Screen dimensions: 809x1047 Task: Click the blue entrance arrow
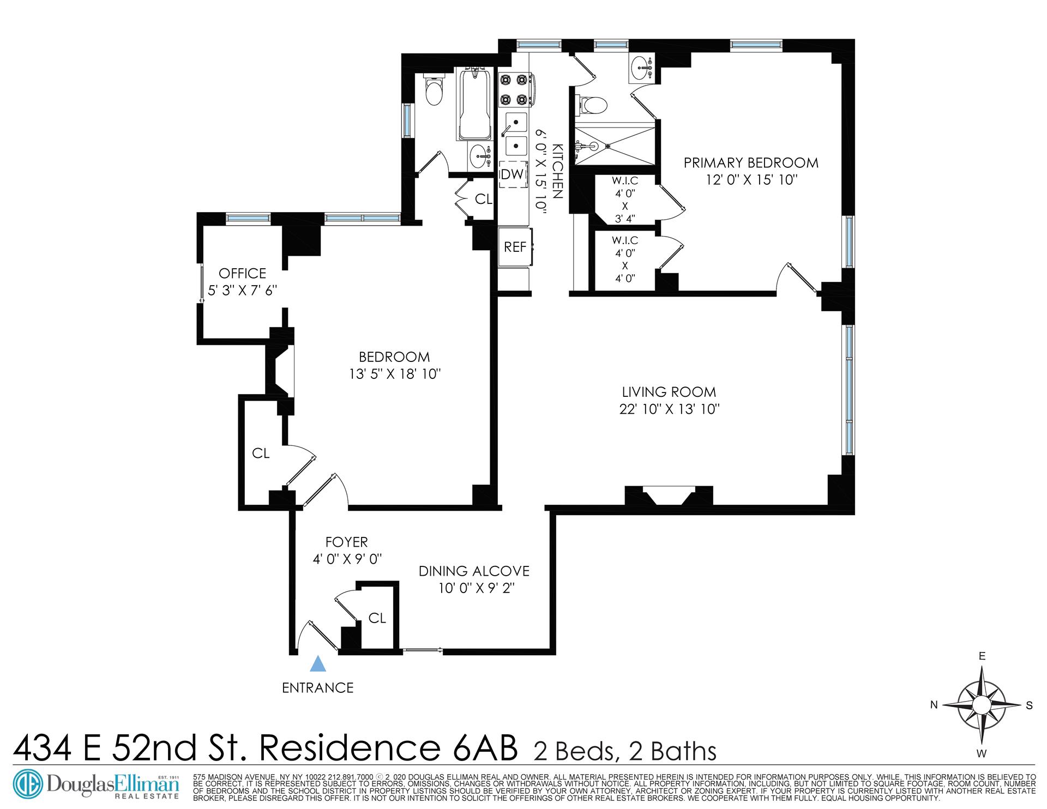point(317,663)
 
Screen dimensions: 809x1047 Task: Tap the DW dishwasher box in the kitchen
point(513,174)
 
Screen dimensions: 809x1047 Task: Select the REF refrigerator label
point(515,247)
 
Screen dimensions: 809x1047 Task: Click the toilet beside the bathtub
point(435,93)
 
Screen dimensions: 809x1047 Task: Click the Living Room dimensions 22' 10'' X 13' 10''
point(669,409)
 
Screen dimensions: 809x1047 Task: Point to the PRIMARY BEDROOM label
point(751,162)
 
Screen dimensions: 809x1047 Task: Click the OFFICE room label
point(242,273)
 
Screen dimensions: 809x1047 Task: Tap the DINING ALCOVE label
point(474,571)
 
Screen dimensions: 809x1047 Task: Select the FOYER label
point(346,542)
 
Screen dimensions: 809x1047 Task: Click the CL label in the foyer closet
point(377,618)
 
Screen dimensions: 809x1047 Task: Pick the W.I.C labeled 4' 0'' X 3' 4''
point(625,199)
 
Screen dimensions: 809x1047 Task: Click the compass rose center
point(982,704)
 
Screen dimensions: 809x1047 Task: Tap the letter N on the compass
point(934,705)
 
